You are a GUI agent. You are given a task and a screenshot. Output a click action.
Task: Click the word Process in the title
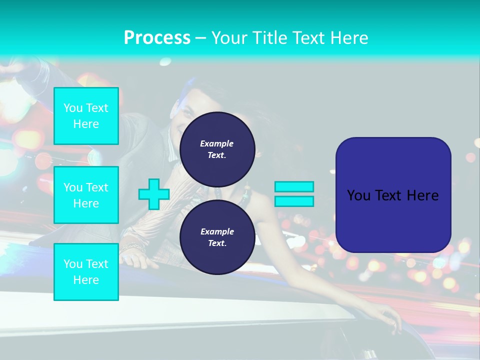[x=157, y=38]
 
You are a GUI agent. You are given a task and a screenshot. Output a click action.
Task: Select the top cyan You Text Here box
[x=86, y=116]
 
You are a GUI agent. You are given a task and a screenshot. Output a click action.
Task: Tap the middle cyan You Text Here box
[x=86, y=195]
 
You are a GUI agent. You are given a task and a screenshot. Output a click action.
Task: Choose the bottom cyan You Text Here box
[x=86, y=272]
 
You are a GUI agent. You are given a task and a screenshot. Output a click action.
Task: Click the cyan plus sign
[x=154, y=194]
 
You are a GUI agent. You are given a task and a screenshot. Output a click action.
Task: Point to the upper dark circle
[x=217, y=149]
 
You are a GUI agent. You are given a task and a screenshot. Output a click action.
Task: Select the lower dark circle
[x=217, y=237]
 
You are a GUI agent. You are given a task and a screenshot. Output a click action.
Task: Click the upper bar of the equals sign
[x=294, y=187]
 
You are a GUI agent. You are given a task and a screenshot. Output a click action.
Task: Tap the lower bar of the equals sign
[x=294, y=201]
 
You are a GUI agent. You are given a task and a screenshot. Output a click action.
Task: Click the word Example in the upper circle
[x=216, y=143]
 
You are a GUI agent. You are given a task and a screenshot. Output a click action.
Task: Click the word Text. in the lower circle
[x=217, y=243]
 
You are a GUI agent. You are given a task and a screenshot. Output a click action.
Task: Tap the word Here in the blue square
[x=423, y=195]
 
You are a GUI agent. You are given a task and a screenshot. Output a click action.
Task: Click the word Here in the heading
[x=349, y=38]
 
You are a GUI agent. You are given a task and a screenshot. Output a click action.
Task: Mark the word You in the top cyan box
[x=73, y=108]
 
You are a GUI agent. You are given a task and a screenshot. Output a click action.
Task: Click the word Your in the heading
[x=230, y=38]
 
